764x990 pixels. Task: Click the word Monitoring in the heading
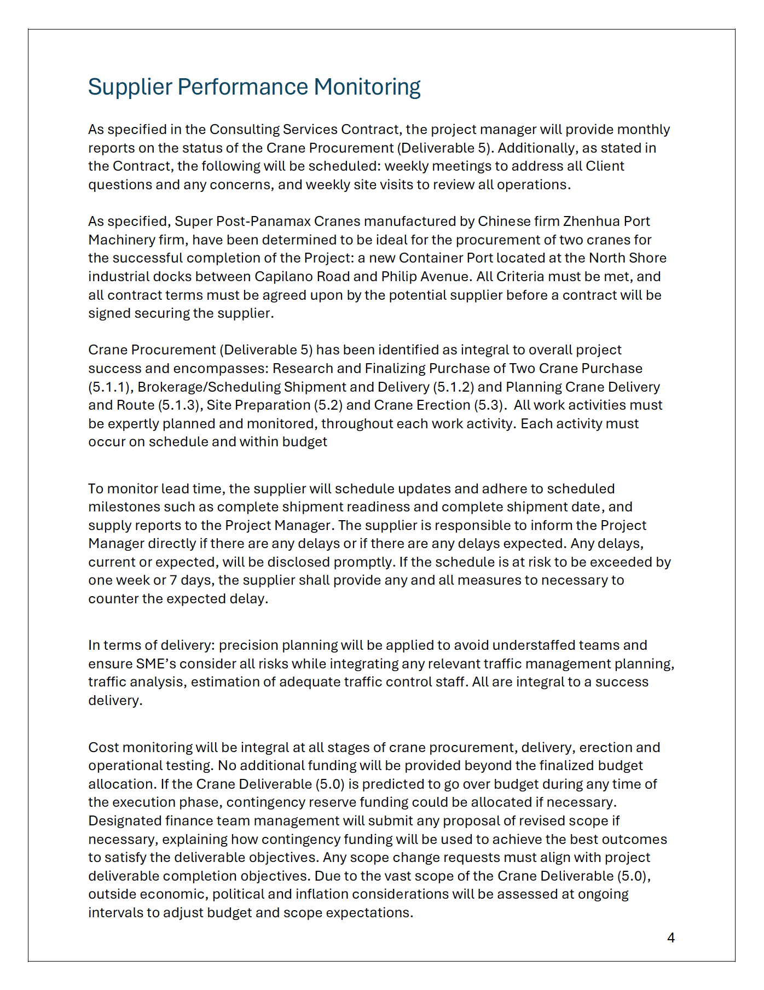click(x=367, y=87)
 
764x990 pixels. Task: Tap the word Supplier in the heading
click(x=130, y=87)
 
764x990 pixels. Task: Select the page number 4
click(x=671, y=937)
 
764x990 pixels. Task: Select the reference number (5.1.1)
click(x=109, y=387)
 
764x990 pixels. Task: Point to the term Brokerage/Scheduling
click(x=209, y=387)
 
